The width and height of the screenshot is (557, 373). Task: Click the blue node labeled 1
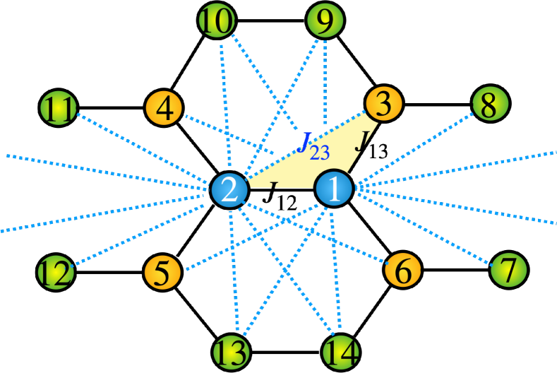333,189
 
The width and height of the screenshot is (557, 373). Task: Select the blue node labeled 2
229,190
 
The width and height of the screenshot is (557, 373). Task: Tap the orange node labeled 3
383,104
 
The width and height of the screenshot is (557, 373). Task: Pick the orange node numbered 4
164,108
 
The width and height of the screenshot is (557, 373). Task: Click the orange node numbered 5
162,273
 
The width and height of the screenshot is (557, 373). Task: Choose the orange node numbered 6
403,270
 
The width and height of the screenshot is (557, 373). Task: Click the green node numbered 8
490,104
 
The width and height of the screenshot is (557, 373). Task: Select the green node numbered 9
325,21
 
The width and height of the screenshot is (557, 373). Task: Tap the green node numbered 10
216,20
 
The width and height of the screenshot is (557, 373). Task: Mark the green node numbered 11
59,108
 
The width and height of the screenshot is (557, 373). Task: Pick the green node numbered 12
56,273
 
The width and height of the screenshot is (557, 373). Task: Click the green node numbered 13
232,352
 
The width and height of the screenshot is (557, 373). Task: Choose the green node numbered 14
341,351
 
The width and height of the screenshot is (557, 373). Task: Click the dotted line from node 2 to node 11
141,146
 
